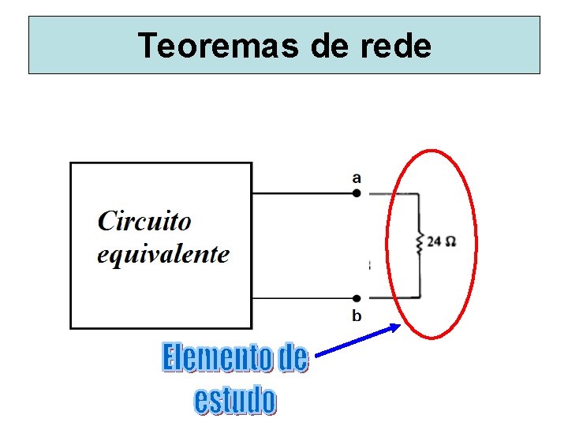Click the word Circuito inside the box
(x=144, y=220)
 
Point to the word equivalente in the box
(x=163, y=253)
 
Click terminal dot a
(x=357, y=192)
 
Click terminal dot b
(x=357, y=298)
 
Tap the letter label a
(x=357, y=178)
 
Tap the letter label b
(x=357, y=316)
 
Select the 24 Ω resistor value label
(x=441, y=241)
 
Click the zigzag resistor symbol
(x=420, y=243)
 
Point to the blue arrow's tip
(x=399, y=326)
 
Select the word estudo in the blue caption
(x=235, y=400)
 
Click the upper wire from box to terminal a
(x=304, y=192)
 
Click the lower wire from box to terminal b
(x=304, y=298)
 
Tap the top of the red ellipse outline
(x=431, y=150)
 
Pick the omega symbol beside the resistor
(x=450, y=241)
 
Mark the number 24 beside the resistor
(x=434, y=241)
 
